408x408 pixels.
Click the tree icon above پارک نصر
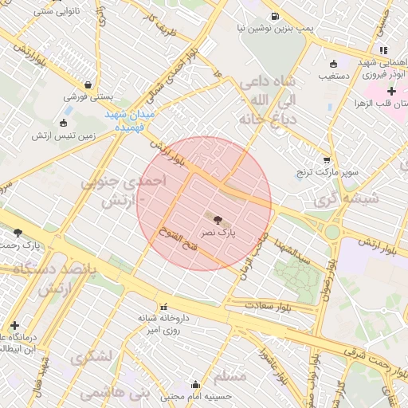point(217,218)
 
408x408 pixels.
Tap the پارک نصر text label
point(217,232)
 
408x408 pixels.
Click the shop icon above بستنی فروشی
point(87,84)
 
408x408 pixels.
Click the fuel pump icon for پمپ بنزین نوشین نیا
point(275,17)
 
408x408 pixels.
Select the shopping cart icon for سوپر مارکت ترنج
point(327,159)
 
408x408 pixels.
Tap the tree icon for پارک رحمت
point(18,233)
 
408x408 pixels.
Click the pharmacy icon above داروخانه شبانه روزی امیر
point(164,306)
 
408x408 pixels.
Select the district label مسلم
point(230,375)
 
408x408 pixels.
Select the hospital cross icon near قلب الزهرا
point(391,92)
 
